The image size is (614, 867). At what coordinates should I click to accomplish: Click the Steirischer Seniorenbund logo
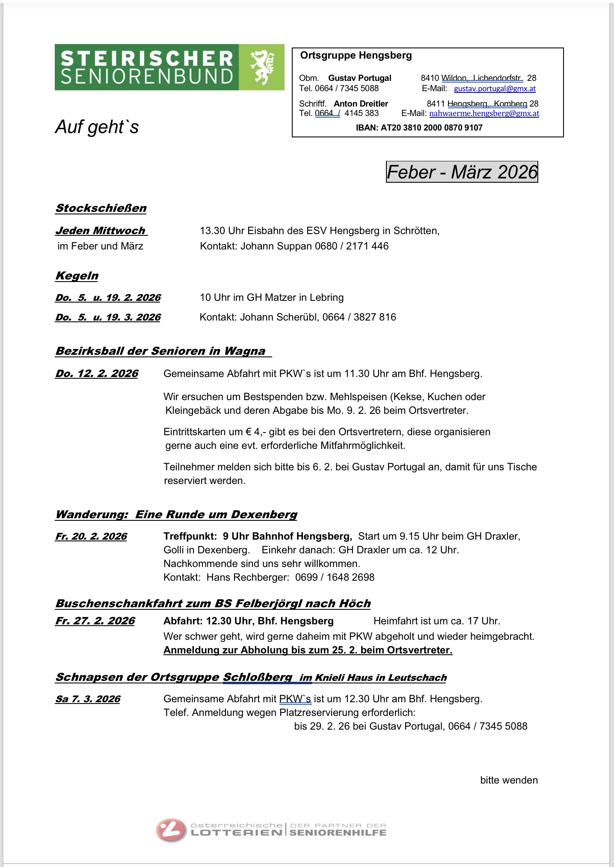click(x=169, y=67)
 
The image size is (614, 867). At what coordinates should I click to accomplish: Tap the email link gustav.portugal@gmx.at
click(x=495, y=89)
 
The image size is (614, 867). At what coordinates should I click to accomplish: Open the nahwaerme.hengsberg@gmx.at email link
click(x=484, y=113)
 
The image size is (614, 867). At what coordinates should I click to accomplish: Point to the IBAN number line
click(x=419, y=128)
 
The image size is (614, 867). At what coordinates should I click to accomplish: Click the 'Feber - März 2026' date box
click(x=462, y=172)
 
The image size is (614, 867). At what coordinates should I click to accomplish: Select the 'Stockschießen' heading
click(x=101, y=208)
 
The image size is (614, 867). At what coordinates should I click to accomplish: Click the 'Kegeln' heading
click(x=77, y=276)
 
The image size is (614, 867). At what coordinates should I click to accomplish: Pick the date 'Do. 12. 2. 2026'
click(x=97, y=374)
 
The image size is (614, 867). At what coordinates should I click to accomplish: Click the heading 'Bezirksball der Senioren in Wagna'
click(x=160, y=351)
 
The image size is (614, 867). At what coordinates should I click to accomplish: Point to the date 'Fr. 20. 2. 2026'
click(x=91, y=537)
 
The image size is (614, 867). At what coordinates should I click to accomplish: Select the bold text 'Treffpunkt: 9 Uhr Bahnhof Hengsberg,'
click(x=258, y=536)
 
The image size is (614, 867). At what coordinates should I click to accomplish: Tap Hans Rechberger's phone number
click(x=335, y=577)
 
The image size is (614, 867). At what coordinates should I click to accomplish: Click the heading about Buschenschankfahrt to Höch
click(x=213, y=604)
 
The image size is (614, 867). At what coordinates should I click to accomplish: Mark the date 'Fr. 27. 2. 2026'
click(x=95, y=621)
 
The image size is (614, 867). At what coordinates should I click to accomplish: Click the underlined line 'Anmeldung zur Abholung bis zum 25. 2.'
click(x=308, y=650)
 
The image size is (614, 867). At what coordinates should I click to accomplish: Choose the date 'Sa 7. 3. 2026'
click(x=88, y=699)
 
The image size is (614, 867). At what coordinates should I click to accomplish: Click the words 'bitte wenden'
click(x=509, y=780)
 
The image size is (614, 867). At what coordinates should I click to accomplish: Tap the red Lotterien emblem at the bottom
click(x=171, y=830)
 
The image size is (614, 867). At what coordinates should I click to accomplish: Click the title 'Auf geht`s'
click(x=97, y=127)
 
